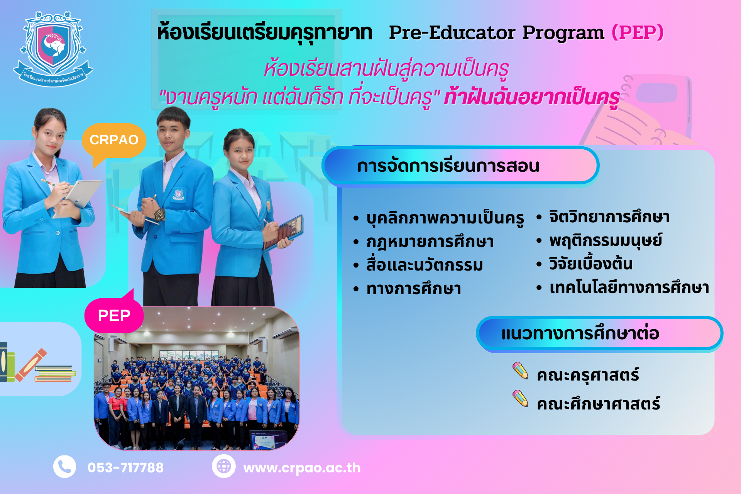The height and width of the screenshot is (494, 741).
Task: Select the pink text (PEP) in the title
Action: coord(638,32)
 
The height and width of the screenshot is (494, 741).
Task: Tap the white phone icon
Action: coord(64,467)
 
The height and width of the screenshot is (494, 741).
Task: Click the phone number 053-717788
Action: coord(125,468)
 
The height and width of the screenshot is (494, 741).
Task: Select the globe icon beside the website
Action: coord(223,466)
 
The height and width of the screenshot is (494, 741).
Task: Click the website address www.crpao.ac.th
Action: coord(302,468)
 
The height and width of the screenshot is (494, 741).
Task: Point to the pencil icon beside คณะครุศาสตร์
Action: coord(520,370)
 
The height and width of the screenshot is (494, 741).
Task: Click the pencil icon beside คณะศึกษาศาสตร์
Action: coord(520,398)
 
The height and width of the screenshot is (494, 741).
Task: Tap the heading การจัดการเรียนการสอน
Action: coord(448,166)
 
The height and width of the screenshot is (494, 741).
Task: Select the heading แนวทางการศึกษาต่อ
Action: coord(580,333)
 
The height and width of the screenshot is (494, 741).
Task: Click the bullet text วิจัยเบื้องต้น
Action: coord(591,264)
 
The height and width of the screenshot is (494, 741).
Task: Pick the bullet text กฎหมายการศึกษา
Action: coord(430,242)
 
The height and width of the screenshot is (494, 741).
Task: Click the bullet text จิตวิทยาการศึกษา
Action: coord(609,217)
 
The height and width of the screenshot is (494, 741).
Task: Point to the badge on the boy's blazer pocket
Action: coord(178,194)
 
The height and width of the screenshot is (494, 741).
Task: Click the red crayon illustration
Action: coord(31,365)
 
